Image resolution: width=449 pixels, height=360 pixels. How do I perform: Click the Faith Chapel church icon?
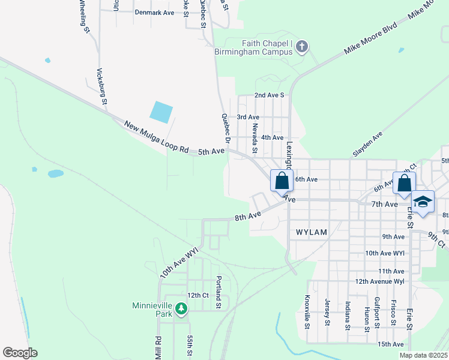[x=302, y=46]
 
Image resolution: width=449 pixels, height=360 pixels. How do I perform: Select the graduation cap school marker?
[x=423, y=202]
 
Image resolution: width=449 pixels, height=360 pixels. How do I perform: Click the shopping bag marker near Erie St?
[x=404, y=182]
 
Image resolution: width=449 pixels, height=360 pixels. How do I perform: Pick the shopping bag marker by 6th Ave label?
[x=282, y=180]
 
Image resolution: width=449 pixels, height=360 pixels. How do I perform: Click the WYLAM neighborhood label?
[x=310, y=231]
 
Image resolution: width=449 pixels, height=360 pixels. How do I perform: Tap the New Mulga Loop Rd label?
[x=156, y=137]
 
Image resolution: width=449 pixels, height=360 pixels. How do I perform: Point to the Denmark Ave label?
[x=154, y=12]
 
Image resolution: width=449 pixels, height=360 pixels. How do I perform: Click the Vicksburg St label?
[x=101, y=86]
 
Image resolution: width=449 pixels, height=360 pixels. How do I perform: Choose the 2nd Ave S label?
[x=268, y=95]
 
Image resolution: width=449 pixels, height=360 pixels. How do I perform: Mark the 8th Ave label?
[x=247, y=215]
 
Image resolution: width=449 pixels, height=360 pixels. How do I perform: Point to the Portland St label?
[x=219, y=292]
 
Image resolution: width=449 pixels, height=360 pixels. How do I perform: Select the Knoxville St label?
[x=307, y=312]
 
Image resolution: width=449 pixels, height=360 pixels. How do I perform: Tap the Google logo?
[x=20, y=353]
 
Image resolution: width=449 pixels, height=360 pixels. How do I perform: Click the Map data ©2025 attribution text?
[x=423, y=355]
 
